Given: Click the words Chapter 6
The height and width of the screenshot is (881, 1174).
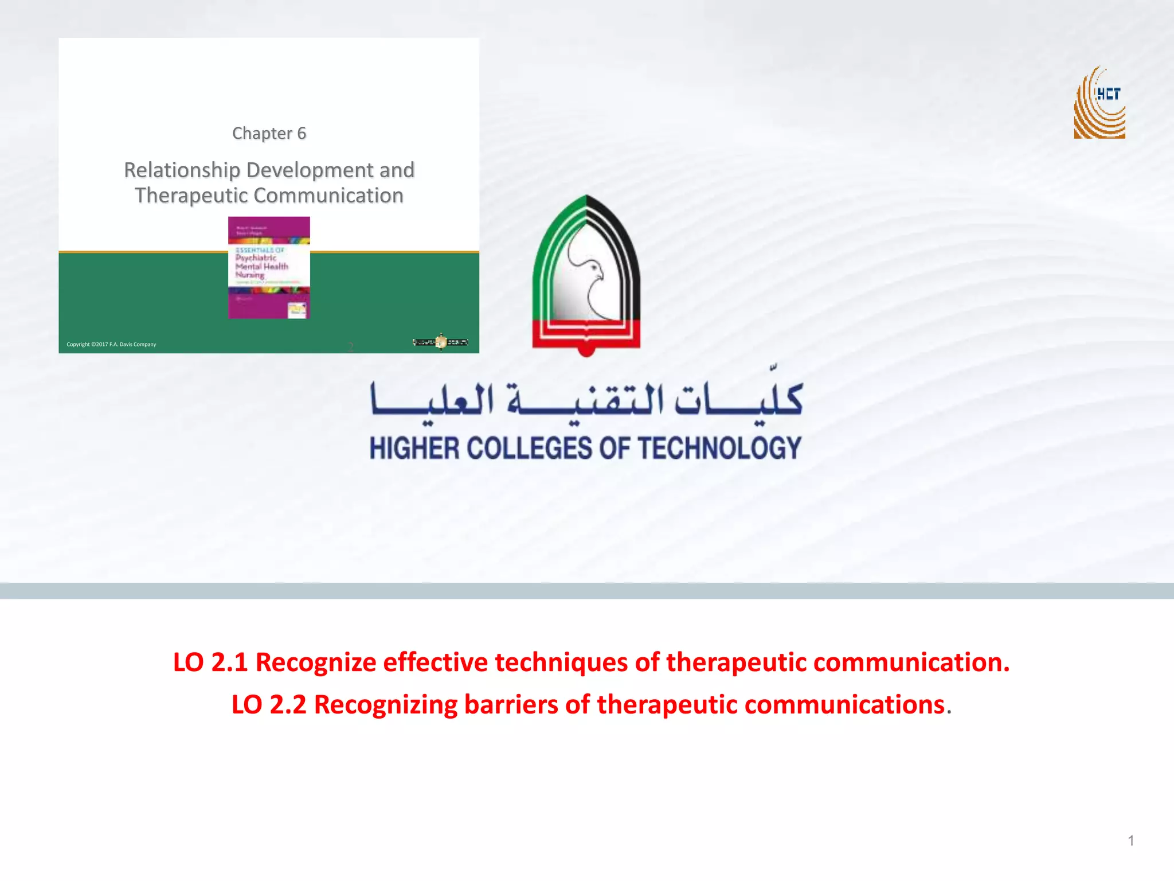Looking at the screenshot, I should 269,133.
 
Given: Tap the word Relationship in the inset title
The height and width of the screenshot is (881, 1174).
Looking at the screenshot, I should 182,170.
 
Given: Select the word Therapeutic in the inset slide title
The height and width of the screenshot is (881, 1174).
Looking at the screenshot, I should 191,196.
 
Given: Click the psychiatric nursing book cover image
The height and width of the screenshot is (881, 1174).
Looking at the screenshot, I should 269,267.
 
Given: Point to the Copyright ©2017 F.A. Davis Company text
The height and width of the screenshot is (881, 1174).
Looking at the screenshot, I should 111,344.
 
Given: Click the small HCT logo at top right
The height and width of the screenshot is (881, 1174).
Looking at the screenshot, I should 1099,103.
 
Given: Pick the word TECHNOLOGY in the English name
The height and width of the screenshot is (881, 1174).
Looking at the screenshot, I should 719,448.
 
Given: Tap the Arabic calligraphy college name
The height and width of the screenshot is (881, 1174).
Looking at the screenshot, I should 586,399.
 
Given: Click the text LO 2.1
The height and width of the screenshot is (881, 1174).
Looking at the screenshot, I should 210,662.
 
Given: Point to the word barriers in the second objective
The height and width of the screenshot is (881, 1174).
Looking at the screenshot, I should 511,705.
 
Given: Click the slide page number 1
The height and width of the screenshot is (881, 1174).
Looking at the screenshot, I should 1130,841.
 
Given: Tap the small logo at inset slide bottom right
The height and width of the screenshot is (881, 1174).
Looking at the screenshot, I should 440,342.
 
